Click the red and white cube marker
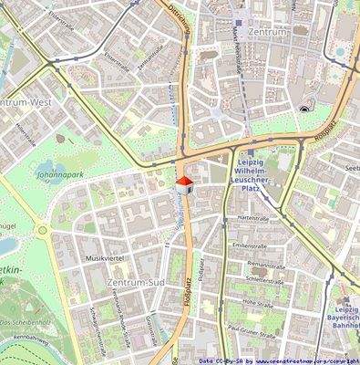(x=183, y=186)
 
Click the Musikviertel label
(x=104, y=259)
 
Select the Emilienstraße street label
(x=251, y=245)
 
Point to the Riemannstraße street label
(x=264, y=264)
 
